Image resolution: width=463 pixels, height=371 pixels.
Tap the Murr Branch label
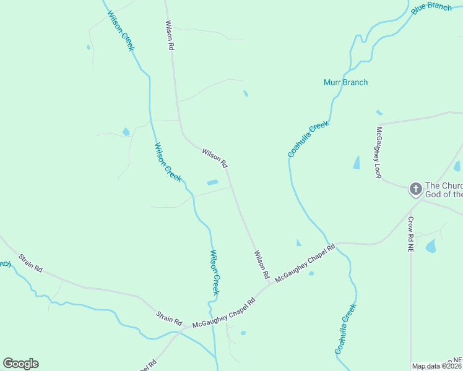click(345, 82)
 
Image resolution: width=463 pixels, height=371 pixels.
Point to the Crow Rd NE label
click(410, 233)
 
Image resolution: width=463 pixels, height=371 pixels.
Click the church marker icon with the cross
click(415, 189)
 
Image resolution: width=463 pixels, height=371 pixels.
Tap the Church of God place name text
click(444, 190)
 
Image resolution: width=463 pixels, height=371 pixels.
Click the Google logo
click(20, 364)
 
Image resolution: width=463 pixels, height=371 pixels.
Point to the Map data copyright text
click(437, 366)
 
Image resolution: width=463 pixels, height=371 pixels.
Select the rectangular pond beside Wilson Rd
click(212, 182)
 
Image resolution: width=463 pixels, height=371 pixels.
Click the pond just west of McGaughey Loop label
click(357, 163)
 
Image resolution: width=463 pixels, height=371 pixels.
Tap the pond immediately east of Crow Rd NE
click(431, 246)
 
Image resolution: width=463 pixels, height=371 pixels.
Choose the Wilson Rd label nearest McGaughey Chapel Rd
click(261, 264)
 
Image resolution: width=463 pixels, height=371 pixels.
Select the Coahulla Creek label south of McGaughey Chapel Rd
click(346, 328)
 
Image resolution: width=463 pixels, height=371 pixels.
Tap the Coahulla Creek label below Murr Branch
click(308, 139)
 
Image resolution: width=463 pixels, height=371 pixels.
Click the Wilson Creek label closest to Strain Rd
click(214, 272)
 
